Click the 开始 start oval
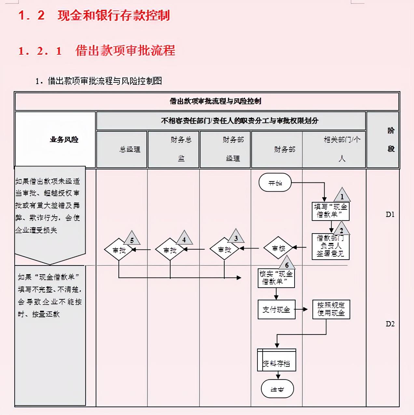[x=275, y=183]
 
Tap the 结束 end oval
[x=277, y=389]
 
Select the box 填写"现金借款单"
[x=330, y=211]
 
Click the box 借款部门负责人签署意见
[x=330, y=246]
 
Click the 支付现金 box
[x=276, y=309]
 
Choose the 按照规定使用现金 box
[x=331, y=309]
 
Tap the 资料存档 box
[x=277, y=360]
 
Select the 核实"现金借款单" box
[x=276, y=278]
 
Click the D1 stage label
[x=390, y=214]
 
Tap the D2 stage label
[x=390, y=324]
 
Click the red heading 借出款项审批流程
[x=125, y=51]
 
